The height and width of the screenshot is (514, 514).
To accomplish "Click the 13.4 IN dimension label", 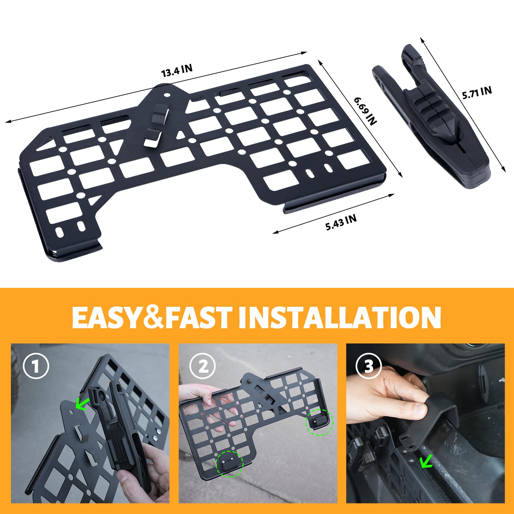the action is (x=177, y=71).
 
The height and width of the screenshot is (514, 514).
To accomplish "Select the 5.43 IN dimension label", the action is (x=341, y=222).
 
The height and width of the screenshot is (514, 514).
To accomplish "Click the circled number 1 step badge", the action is (x=36, y=366).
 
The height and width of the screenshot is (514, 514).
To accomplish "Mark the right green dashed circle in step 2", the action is (x=320, y=422).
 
